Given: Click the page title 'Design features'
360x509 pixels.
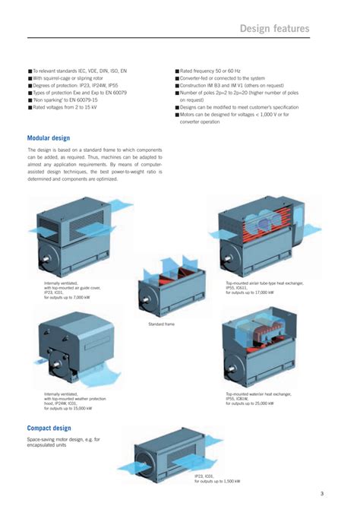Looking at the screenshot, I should pyautogui.click(x=274, y=29).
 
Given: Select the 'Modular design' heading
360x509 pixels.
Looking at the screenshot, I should pyautogui.click(x=49, y=138).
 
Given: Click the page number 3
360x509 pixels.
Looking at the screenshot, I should pyautogui.click(x=322, y=494).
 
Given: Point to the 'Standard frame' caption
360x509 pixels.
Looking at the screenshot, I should pyautogui.click(x=160, y=324).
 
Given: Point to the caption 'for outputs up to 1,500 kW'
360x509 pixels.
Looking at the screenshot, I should pyautogui.click(x=216, y=481).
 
